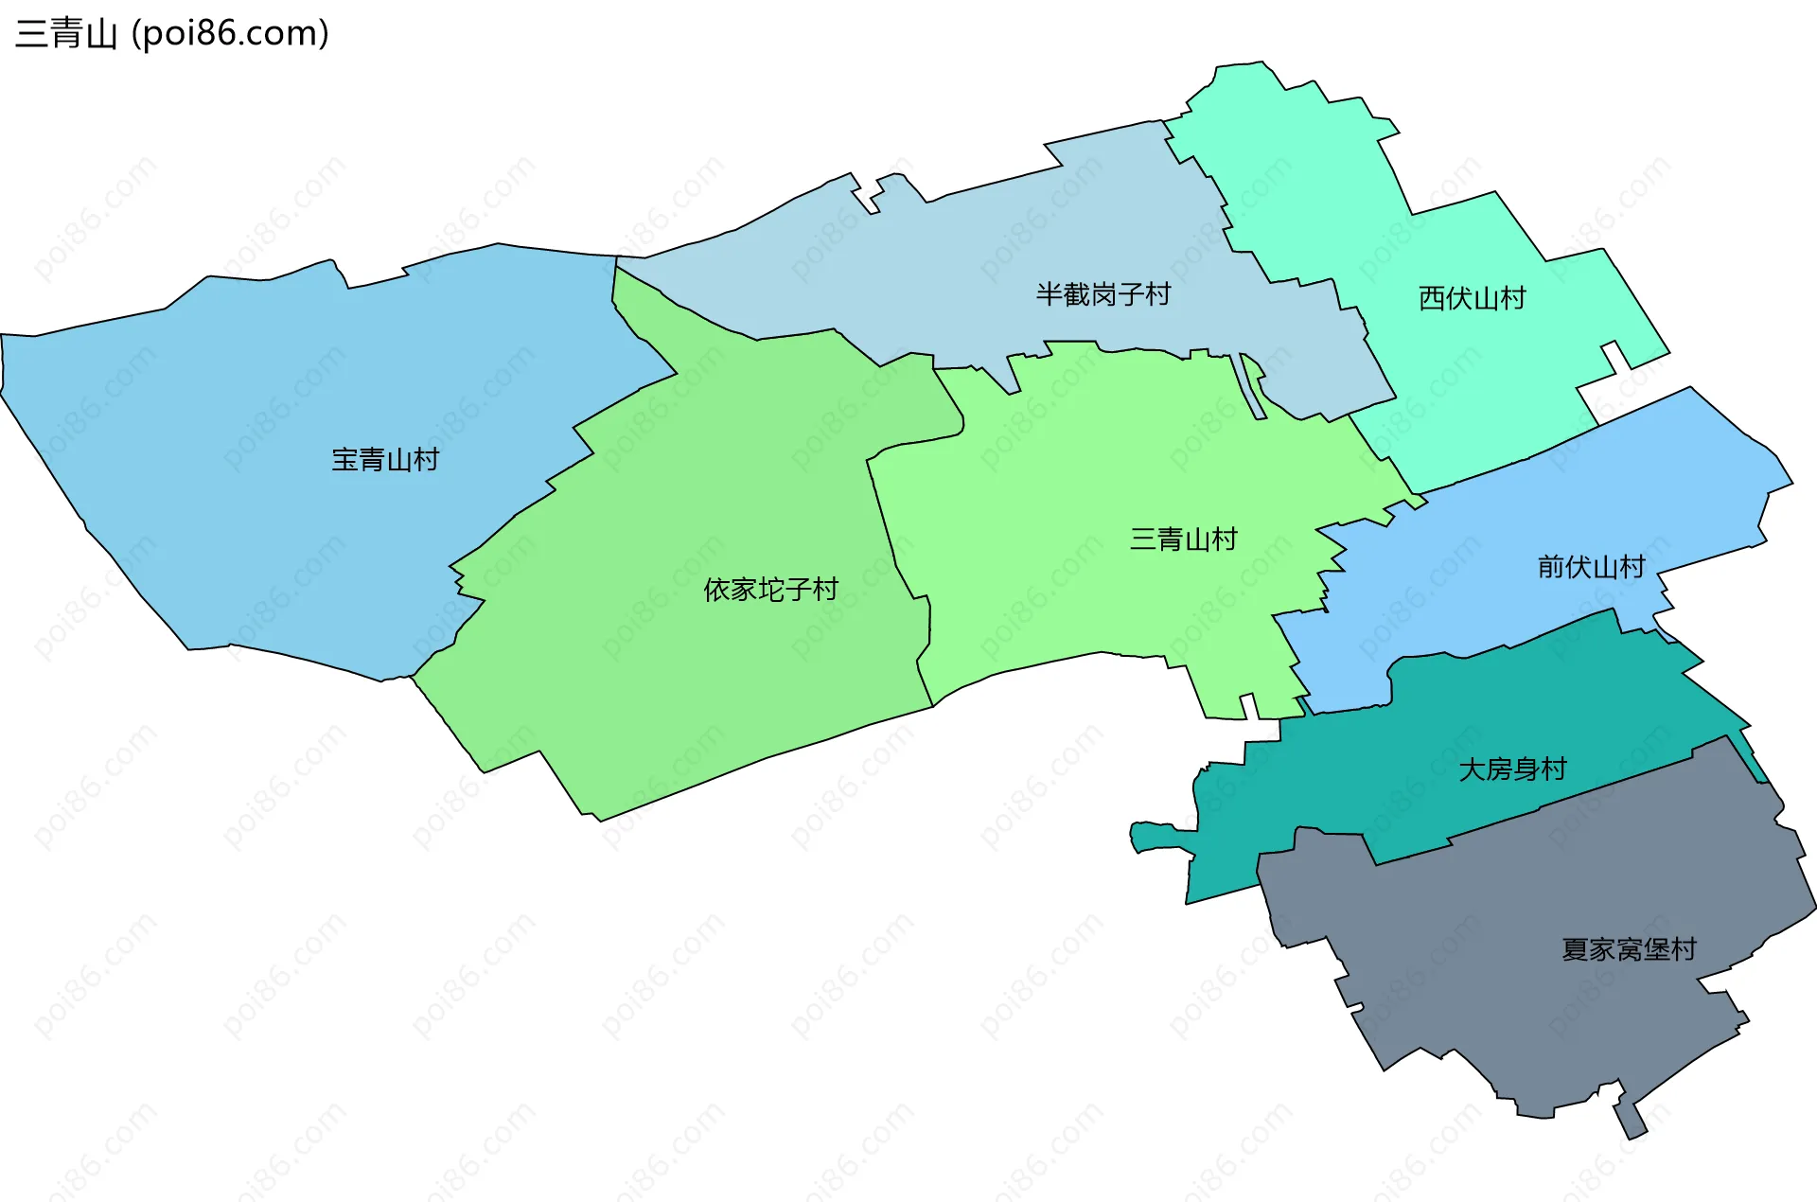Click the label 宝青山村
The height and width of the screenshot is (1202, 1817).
click(x=385, y=460)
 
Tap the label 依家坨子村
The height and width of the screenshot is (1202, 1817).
click(x=770, y=590)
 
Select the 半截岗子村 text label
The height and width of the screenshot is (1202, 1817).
click(x=1103, y=294)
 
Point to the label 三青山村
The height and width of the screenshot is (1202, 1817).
click(x=1183, y=539)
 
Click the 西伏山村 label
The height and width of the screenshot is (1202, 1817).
click(x=1472, y=298)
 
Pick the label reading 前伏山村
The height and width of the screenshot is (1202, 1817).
click(x=1591, y=567)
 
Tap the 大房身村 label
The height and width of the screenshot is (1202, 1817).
click(x=1512, y=769)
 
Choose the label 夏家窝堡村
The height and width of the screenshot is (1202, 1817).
click(x=1629, y=949)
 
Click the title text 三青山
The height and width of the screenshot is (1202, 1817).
click(x=66, y=34)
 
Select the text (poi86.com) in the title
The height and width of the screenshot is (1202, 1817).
click(x=231, y=34)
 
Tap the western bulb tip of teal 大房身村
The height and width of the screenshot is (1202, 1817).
click(x=1139, y=838)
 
